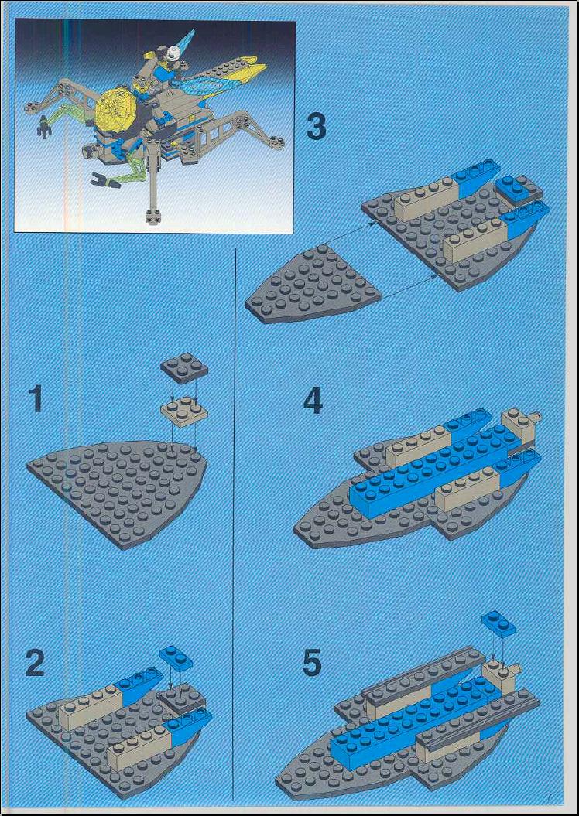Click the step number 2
(x=35, y=662)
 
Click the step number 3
(x=316, y=127)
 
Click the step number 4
(x=313, y=401)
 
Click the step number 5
(x=313, y=662)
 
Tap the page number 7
(x=548, y=794)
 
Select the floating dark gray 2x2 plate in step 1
(x=183, y=367)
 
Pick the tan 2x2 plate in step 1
(x=183, y=412)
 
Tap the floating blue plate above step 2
(x=176, y=657)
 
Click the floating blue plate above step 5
(x=498, y=623)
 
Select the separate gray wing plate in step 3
(x=313, y=285)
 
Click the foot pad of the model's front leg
(x=153, y=215)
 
